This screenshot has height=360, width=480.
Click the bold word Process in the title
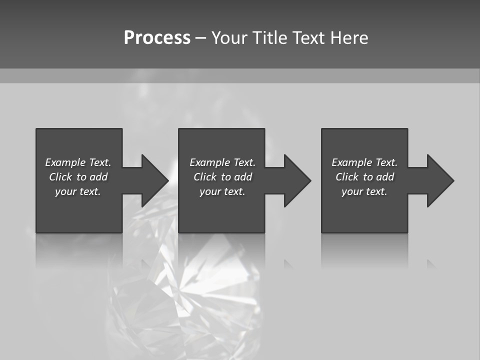[x=157, y=38]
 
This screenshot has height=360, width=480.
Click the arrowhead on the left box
[x=154, y=180]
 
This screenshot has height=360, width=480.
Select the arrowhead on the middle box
[x=297, y=180]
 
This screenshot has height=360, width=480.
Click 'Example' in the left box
[x=65, y=162]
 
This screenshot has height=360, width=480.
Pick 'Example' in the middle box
[x=209, y=162]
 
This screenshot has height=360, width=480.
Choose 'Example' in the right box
[x=351, y=162]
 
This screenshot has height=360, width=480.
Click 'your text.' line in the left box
[x=78, y=191]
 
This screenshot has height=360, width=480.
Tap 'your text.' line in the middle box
[x=222, y=191]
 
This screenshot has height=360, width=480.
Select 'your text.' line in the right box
[x=364, y=191]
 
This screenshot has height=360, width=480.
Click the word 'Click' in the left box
[x=60, y=177]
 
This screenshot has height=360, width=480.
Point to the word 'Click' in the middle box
[x=205, y=177]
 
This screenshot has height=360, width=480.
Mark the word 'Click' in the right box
[x=347, y=177]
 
